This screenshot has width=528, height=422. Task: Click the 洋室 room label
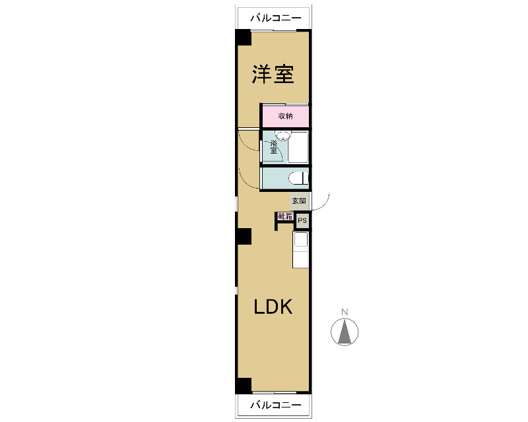click(273, 74)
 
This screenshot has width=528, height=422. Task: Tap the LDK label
click(273, 307)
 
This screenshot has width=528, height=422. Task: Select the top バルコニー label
click(275, 18)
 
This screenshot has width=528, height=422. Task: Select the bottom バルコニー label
click(275, 404)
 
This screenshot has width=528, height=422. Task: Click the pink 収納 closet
click(286, 116)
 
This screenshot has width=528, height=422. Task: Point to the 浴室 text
click(273, 147)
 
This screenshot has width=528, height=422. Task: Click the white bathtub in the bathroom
click(298, 147)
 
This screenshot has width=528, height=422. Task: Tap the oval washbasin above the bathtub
click(282, 136)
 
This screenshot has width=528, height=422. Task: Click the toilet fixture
click(299, 178)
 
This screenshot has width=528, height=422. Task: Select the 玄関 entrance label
click(299, 201)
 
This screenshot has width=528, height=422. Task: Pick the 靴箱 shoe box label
click(285, 216)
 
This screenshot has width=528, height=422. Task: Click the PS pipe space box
click(302, 221)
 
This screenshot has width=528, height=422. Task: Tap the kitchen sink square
click(301, 239)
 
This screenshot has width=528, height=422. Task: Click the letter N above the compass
click(345, 312)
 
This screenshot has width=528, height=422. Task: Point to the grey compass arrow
click(345, 332)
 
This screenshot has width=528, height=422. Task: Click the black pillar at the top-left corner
click(243, 37)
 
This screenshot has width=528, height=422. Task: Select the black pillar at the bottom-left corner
click(243, 386)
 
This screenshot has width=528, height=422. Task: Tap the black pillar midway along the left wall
click(243, 236)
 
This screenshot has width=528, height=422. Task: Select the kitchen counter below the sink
click(301, 257)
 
